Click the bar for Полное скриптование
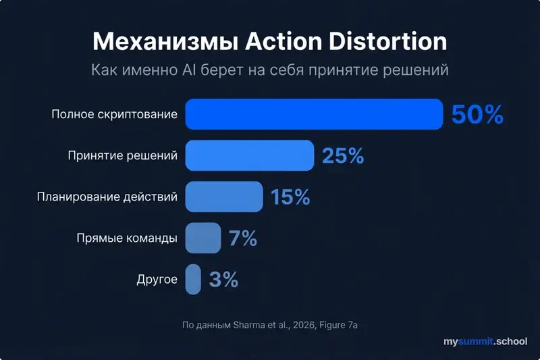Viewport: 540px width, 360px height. [314, 114]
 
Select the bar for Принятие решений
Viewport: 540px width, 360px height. [250, 155]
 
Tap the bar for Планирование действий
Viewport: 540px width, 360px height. [224, 197]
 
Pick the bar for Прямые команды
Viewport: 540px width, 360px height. [203, 238]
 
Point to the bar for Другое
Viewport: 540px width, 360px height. [193, 279]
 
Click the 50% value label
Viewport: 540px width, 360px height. [477, 115]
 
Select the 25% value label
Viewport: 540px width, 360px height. [343, 156]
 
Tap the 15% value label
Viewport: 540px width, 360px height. [290, 197]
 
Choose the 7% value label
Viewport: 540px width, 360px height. [243, 238]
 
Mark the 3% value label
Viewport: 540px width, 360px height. [223, 280]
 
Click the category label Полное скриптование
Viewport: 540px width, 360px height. [114, 114]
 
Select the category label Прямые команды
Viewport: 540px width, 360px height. [127, 238]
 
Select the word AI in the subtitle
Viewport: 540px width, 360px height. [189, 70]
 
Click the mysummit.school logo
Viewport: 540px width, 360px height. [485, 342]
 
